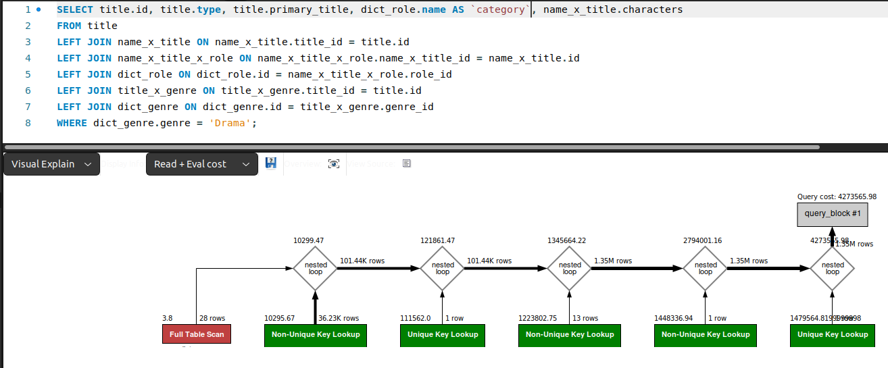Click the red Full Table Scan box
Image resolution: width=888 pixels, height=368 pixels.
click(197, 334)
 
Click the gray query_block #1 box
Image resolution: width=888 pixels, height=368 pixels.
click(832, 213)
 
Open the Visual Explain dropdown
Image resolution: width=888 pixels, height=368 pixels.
click(51, 164)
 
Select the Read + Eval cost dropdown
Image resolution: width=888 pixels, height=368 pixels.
click(201, 164)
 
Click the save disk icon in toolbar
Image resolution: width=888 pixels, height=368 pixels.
click(271, 163)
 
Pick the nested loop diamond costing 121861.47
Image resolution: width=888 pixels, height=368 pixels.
click(443, 268)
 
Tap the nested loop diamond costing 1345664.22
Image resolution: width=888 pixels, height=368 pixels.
click(570, 268)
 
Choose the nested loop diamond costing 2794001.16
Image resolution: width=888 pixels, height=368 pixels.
click(706, 268)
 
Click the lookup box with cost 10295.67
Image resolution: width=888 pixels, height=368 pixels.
click(316, 334)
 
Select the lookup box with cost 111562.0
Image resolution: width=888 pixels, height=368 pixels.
click(443, 334)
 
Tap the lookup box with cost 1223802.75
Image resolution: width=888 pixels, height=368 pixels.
click(570, 334)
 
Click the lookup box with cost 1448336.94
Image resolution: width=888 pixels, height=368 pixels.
click(706, 334)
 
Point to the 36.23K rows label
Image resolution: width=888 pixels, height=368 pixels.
click(339, 318)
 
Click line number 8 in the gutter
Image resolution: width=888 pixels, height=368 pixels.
click(28, 123)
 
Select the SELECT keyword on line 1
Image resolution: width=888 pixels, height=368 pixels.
click(75, 9)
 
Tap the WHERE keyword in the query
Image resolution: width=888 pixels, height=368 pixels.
click(72, 123)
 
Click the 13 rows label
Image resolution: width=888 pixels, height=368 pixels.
click(585, 318)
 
